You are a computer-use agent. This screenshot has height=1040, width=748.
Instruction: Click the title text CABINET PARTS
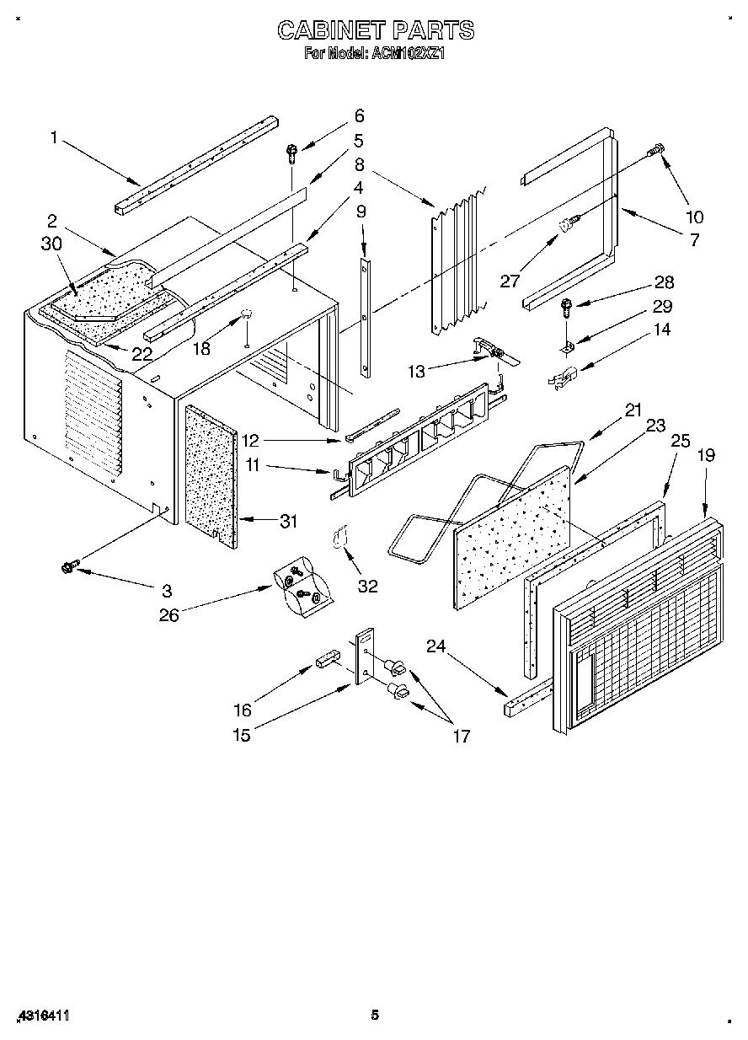(x=376, y=31)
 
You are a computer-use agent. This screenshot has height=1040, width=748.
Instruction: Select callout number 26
(x=169, y=615)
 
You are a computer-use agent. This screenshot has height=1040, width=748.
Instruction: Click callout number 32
(x=368, y=586)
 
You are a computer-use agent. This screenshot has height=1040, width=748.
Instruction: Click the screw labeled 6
(x=291, y=153)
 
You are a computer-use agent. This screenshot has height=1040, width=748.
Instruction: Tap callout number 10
(x=695, y=216)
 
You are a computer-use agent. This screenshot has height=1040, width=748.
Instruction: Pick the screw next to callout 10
(x=654, y=151)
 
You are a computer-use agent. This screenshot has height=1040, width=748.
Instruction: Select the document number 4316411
(x=41, y=1016)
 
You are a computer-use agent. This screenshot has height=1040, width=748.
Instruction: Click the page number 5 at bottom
(x=376, y=1016)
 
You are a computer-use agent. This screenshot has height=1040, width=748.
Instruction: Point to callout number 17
(x=460, y=736)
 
